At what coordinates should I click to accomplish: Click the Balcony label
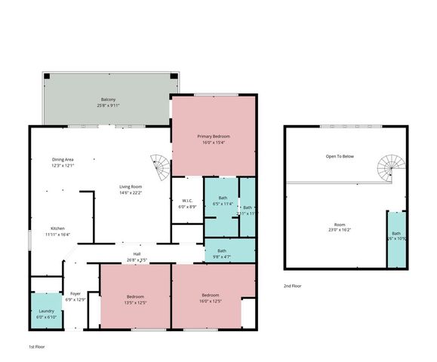coord(109,100)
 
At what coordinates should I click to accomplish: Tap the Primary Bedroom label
coord(215,136)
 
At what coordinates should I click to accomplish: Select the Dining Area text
coord(63,159)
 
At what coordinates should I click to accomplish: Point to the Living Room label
coord(131,186)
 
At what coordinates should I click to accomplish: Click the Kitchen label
coord(58,229)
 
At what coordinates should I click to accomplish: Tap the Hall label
coord(137,253)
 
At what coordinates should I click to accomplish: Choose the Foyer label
coord(75,293)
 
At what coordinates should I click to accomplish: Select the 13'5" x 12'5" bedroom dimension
coord(137,302)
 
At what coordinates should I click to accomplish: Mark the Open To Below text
coord(340,156)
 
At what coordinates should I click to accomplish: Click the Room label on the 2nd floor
coord(340,225)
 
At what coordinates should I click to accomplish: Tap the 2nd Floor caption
coord(293,286)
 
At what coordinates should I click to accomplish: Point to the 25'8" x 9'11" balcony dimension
coord(109,106)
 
